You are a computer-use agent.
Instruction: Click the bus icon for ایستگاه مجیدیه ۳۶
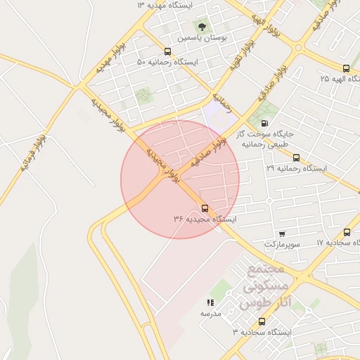pyautogui.click(x=205, y=208)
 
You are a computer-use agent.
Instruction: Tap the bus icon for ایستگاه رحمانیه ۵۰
pyautogui.click(x=167, y=51)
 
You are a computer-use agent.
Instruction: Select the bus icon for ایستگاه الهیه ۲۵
pyautogui.click(x=346, y=68)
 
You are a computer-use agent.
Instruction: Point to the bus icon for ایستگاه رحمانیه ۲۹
pyautogui.click(x=296, y=158)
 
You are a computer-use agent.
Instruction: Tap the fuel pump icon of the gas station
pyautogui.click(x=264, y=123)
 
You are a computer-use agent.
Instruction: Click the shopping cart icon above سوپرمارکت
pyautogui.click(x=282, y=233)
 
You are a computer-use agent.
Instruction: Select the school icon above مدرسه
pyautogui.click(x=210, y=302)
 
